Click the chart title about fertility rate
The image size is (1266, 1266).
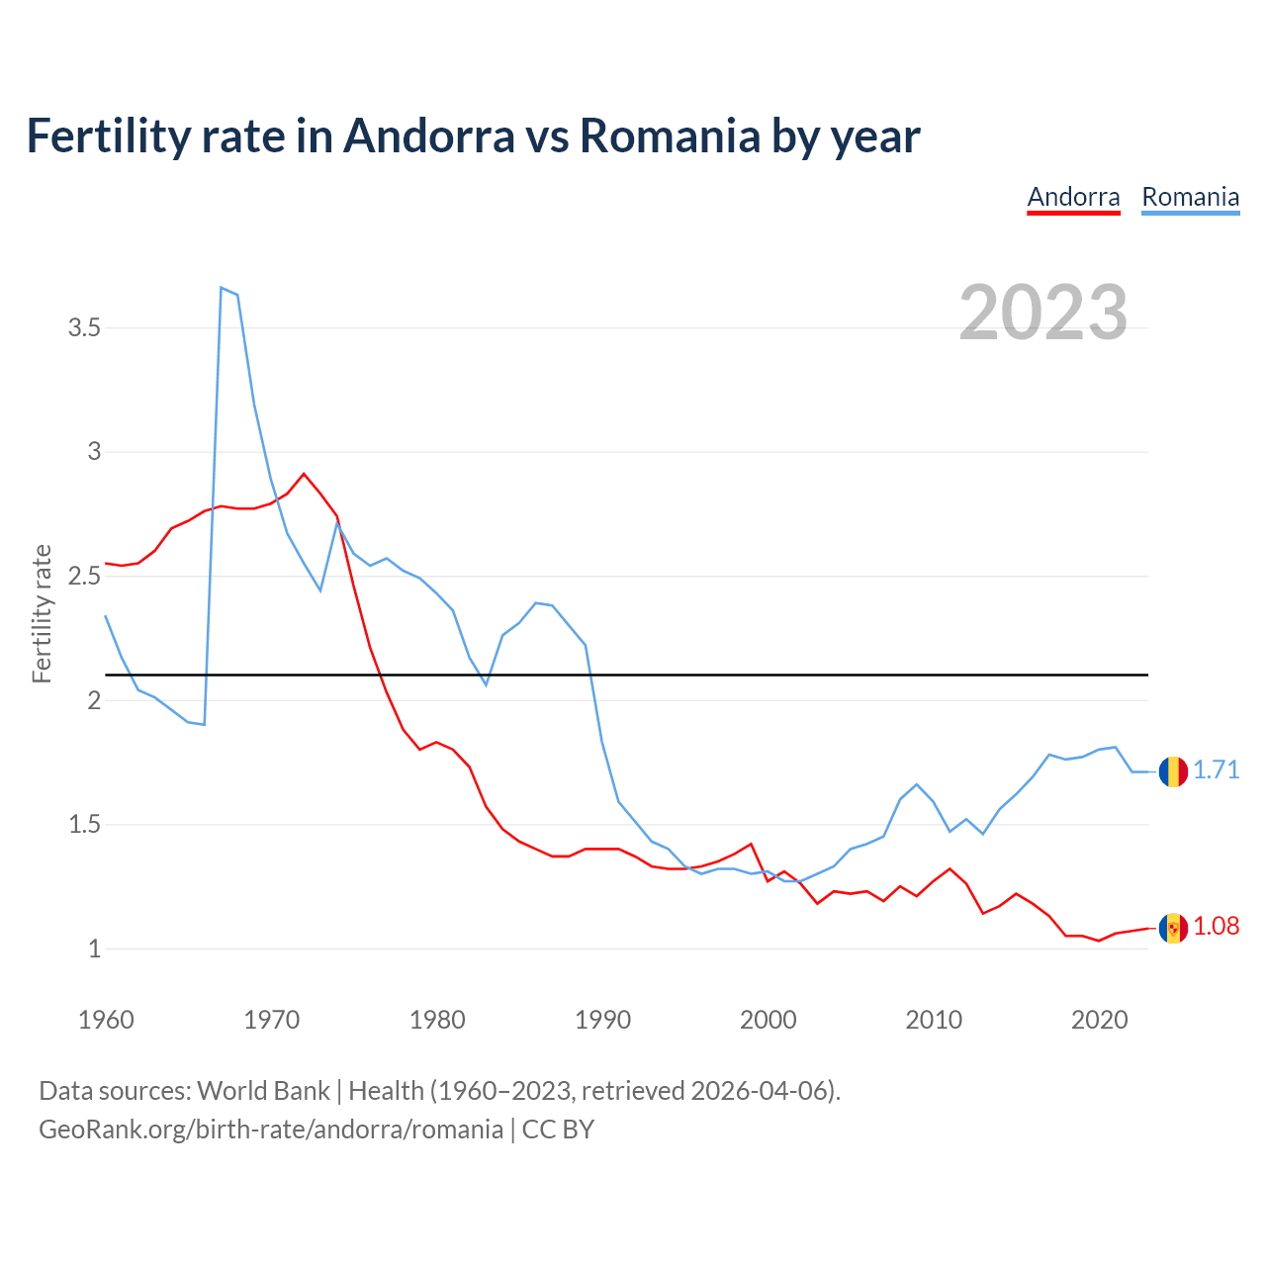pyautogui.click(x=473, y=136)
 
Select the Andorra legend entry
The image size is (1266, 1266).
pyautogui.click(x=1073, y=197)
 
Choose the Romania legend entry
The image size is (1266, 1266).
pyautogui.click(x=1190, y=197)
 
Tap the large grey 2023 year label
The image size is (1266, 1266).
pyautogui.click(x=1043, y=313)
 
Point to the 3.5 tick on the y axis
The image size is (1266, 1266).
pyautogui.click(x=84, y=327)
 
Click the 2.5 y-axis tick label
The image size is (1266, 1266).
pyautogui.click(x=84, y=576)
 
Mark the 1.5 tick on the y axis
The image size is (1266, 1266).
pyautogui.click(x=84, y=824)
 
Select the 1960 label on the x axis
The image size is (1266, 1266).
pyautogui.click(x=106, y=1020)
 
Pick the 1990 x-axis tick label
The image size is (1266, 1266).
pyautogui.click(x=602, y=1020)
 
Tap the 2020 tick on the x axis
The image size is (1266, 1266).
pyautogui.click(x=1099, y=1020)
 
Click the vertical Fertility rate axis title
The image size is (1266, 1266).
pyautogui.click(x=42, y=613)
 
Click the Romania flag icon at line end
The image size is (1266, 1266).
pyautogui.click(x=1173, y=770)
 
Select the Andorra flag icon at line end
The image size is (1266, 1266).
pyautogui.click(x=1173, y=928)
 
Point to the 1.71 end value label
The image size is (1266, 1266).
pyautogui.click(x=1216, y=769)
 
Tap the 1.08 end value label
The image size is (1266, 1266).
pyautogui.click(x=1216, y=926)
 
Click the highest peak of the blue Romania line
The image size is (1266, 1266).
pyautogui.click(x=221, y=288)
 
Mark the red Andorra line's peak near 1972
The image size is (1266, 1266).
pyautogui.click(x=304, y=474)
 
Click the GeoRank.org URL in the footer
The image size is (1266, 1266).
pyautogui.click(x=270, y=1130)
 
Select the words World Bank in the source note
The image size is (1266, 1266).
pyautogui.click(x=263, y=1091)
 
